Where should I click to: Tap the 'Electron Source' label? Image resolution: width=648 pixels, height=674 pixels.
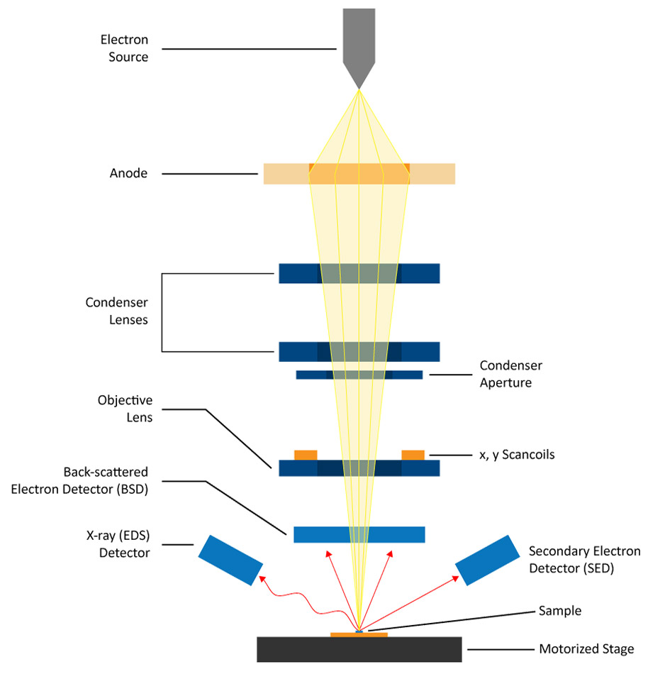[x=123, y=49]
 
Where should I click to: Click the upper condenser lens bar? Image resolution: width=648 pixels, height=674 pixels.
[x=298, y=273]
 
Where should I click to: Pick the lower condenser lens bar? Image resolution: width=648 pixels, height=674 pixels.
[x=298, y=351]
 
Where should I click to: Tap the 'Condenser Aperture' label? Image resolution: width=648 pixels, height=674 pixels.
[x=510, y=374]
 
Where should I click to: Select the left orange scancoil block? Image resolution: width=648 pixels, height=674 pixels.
[x=306, y=454]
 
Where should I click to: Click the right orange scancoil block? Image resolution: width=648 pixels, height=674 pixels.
[x=413, y=454]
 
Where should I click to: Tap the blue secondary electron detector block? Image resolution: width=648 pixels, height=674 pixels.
[x=487, y=559]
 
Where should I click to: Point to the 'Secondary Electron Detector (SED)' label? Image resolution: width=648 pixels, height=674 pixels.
[x=584, y=559]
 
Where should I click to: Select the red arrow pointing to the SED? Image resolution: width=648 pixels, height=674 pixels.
[x=411, y=602]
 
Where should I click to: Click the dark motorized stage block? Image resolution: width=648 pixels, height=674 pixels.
[x=359, y=649]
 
